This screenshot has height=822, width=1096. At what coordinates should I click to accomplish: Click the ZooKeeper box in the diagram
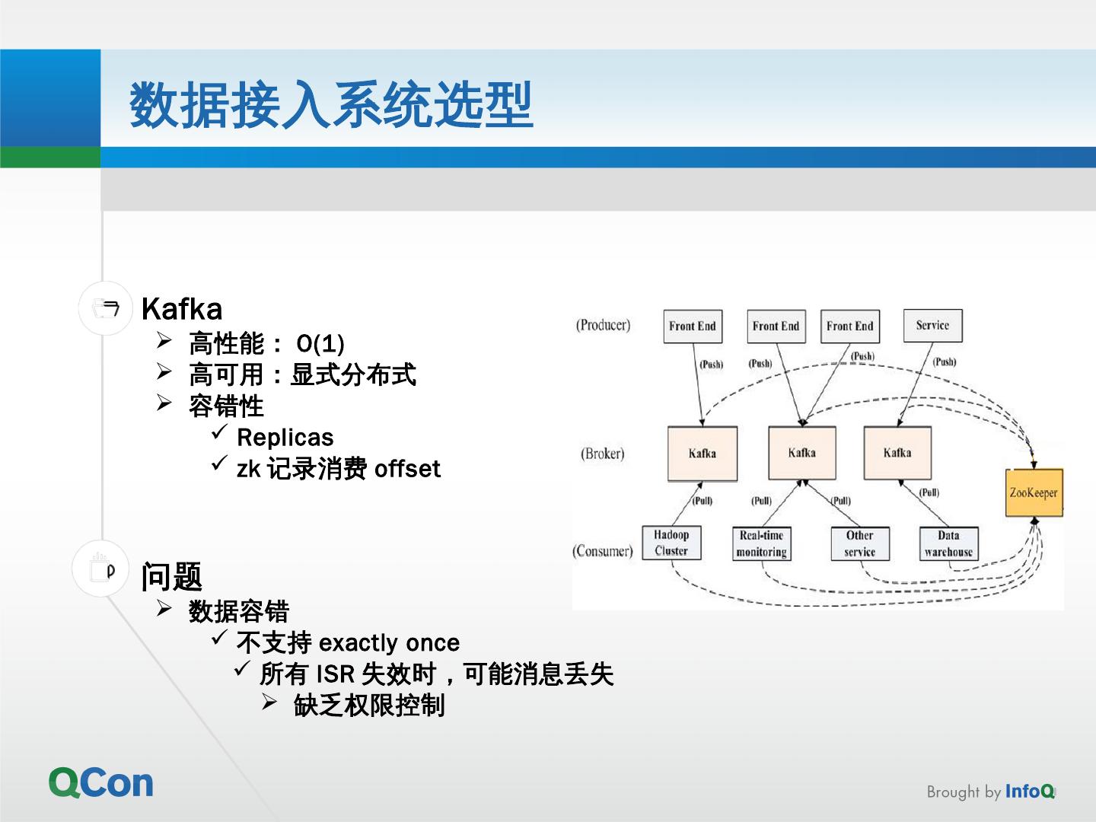1033,492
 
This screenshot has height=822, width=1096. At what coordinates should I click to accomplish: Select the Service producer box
932,326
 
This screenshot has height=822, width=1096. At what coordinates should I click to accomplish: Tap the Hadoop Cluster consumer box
671,543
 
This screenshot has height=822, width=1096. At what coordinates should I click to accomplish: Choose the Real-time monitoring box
761,544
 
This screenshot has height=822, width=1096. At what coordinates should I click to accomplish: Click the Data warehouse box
948,544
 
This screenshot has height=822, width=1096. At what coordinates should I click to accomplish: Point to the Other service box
859,544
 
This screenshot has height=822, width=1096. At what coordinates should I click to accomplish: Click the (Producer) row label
603,325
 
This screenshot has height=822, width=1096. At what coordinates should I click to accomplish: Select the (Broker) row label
602,454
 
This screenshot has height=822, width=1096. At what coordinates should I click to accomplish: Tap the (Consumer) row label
602,551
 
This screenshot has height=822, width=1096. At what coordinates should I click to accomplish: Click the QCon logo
101,782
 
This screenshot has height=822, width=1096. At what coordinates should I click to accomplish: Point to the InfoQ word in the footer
1029,792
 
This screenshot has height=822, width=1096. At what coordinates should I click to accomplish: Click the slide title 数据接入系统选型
331,105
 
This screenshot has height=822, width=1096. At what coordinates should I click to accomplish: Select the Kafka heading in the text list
182,309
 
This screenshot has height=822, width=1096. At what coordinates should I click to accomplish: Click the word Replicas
285,438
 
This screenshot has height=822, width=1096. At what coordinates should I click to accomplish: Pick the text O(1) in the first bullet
320,344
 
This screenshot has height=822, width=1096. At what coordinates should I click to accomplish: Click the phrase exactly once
389,643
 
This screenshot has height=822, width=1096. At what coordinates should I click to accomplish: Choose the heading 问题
171,576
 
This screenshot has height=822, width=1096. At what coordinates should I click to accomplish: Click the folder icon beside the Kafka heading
106,308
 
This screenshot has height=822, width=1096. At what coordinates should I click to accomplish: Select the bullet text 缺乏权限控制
369,706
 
